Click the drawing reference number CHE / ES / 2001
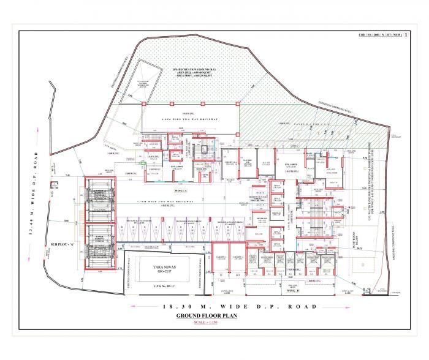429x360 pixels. tap(386, 36)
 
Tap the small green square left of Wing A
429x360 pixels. tap(142, 163)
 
